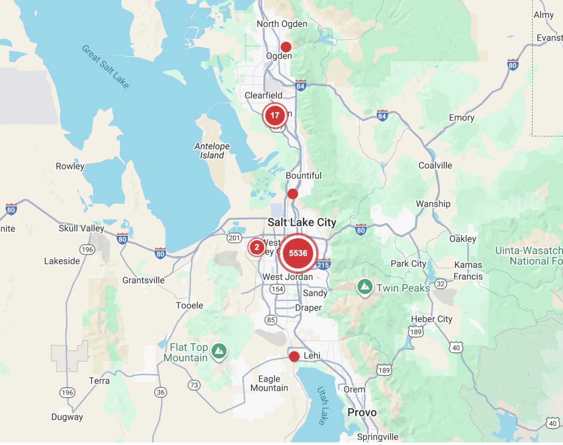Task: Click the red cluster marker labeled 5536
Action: [x=298, y=253]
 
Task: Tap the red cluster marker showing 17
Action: [x=275, y=115]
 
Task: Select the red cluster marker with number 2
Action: [x=257, y=247]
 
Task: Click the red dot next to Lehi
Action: [x=294, y=356]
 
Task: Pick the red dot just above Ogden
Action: [x=286, y=47]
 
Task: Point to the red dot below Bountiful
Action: [x=293, y=194]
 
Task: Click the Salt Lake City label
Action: [x=302, y=222]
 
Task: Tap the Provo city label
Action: [x=362, y=412]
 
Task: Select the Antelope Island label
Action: [x=212, y=151]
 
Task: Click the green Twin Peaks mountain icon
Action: [x=365, y=286]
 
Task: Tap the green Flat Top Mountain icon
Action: [x=219, y=351]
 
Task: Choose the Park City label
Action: [x=408, y=264]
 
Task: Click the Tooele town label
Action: [x=190, y=305]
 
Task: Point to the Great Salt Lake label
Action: [x=106, y=66]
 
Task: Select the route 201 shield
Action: [x=234, y=238]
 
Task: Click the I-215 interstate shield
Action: [x=323, y=265]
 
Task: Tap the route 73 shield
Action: [x=194, y=385]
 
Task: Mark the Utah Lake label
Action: [x=323, y=405]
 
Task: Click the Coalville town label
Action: [x=435, y=165]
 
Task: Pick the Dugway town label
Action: [x=67, y=417]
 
